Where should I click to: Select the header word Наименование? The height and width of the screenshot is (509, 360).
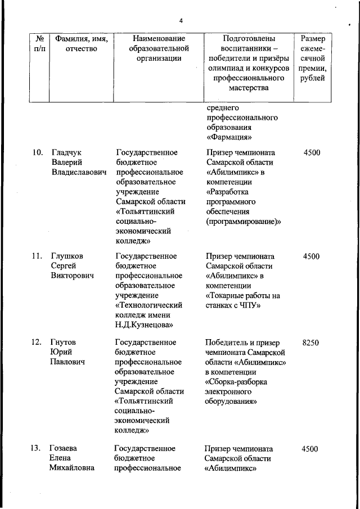(x=159, y=39)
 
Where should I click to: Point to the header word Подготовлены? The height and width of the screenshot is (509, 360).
(x=249, y=39)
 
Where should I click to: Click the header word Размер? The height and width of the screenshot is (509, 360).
(x=312, y=39)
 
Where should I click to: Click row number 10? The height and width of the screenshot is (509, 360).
(x=37, y=152)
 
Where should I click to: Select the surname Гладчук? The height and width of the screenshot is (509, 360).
(x=66, y=152)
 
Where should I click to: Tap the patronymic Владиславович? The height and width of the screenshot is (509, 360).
(x=79, y=173)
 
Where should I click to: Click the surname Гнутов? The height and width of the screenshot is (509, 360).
(x=63, y=342)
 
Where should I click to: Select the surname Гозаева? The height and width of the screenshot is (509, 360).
(x=64, y=448)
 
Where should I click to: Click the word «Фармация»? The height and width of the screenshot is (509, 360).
(x=229, y=137)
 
